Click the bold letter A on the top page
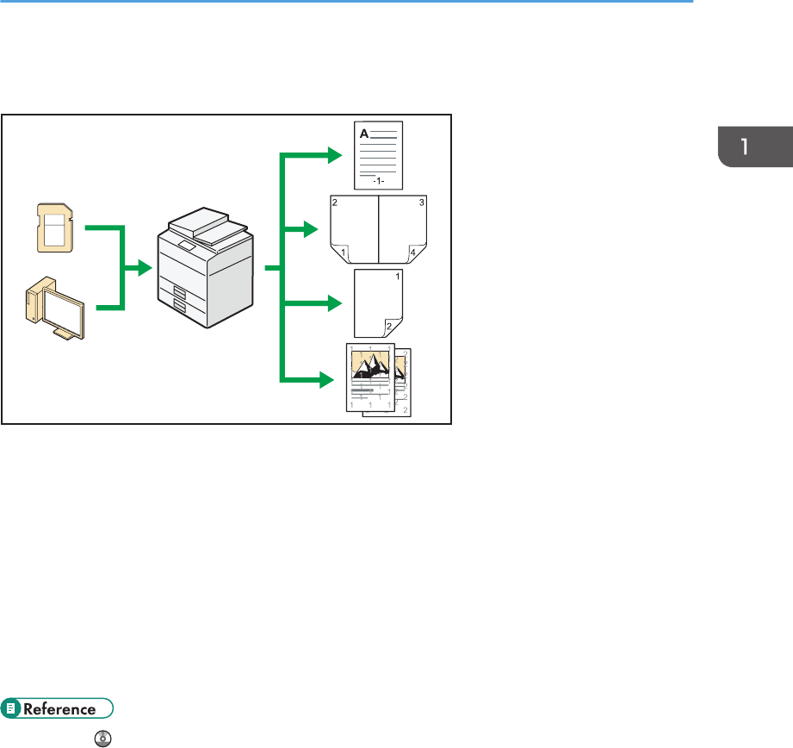coord(363,134)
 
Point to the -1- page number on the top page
coord(379,182)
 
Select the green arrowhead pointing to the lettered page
coord(334,155)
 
